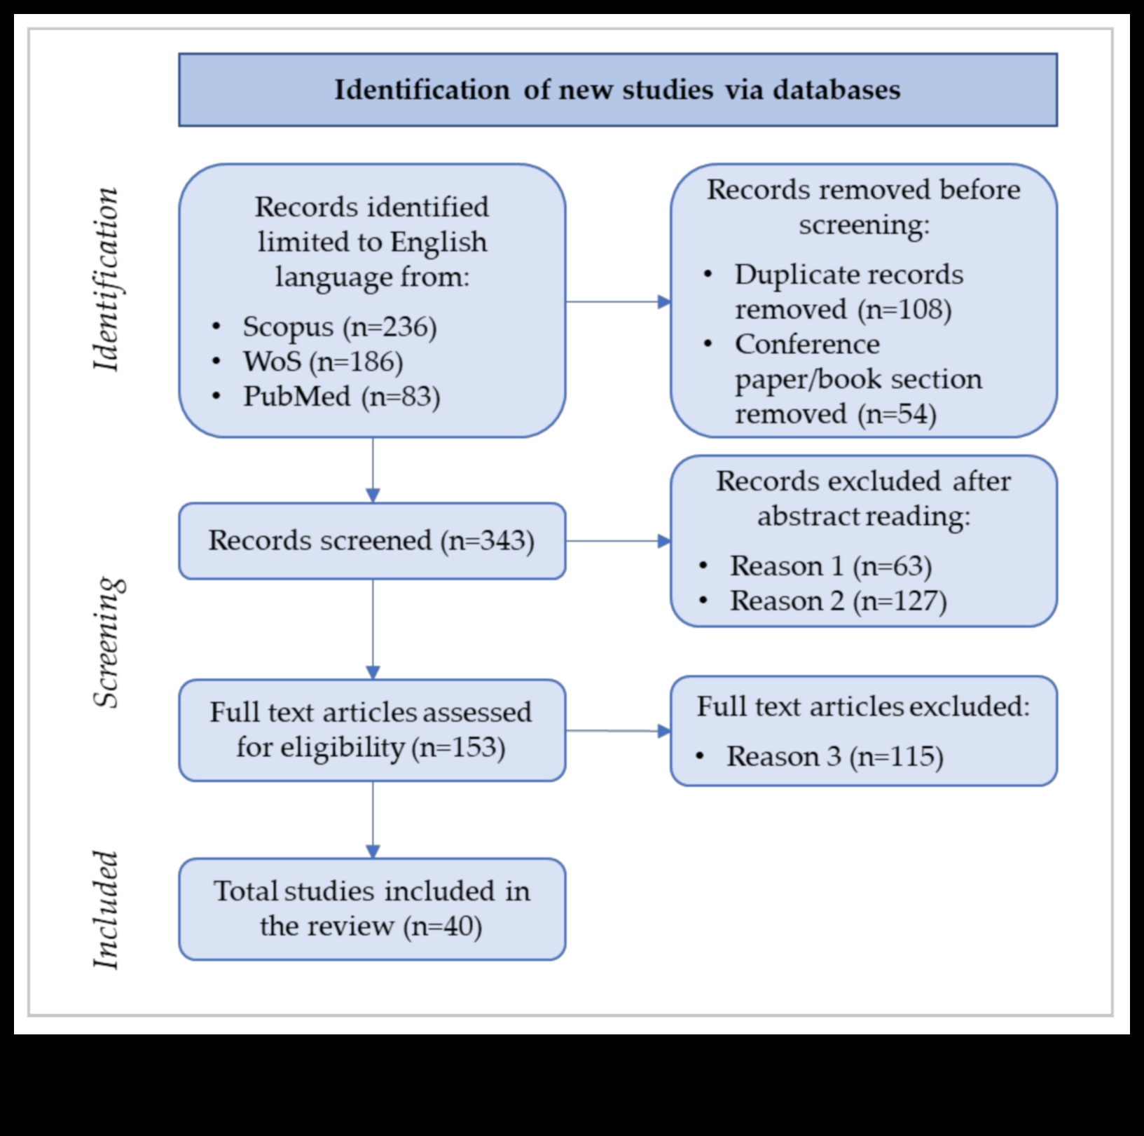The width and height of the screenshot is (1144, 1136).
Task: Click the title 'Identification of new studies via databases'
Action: pyautogui.click(x=617, y=90)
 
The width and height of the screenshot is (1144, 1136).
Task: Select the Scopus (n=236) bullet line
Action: pyautogui.click(x=339, y=327)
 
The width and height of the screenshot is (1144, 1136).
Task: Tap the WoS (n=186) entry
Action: pyautogui.click(x=322, y=362)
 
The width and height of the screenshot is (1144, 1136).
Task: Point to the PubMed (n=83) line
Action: pyautogui.click(x=341, y=397)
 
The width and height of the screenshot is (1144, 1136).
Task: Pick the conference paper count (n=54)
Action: pyautogui.click(x=897, y=413)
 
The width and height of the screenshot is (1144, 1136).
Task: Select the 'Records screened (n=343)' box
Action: pyautogui.click(x=372, y=540)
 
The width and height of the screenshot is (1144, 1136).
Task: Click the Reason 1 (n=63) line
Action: pyautogui.click(x=830, y=566)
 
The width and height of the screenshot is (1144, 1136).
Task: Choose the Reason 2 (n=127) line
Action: pyautogui.click(x=838, y=601)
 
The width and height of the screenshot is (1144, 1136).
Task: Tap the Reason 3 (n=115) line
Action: pyautogui.click(x=834, y=756)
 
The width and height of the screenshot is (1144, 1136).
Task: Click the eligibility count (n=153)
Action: pyautogui.click(x=458, y=747)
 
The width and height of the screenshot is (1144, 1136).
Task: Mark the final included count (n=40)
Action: pyautogui.click(x=443, y=926)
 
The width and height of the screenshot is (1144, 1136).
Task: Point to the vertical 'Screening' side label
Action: pyautogui.click(x=108, y=642)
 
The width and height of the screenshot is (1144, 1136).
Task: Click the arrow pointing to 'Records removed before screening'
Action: pyautogui.click(x=617, y=302)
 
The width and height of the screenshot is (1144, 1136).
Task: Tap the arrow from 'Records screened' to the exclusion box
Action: pyautogui.click(x=617, y=541)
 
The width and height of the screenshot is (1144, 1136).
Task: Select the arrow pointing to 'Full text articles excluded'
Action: pyautogui.click(x=617, y=731)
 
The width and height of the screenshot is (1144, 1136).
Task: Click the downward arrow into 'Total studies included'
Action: pyautogui.click(x=373, y=820)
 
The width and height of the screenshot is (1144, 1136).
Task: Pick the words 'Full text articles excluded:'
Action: pyautogui.click(x=863, y=706)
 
